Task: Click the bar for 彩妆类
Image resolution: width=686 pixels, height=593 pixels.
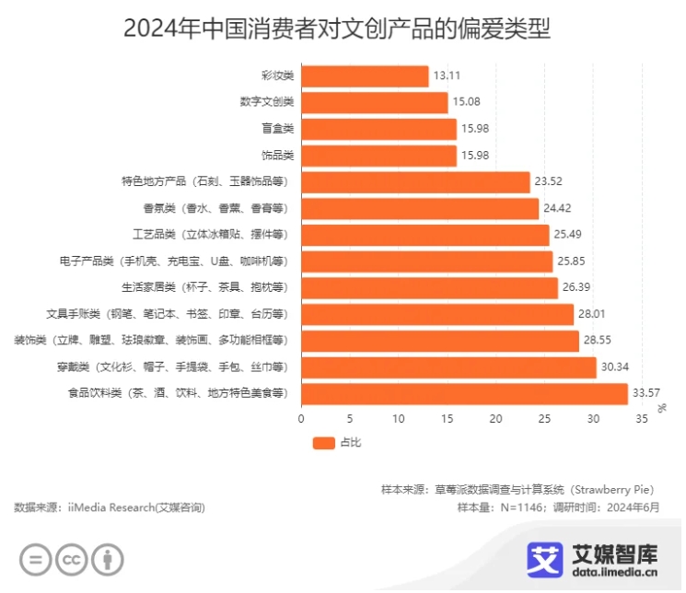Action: pos(365,76)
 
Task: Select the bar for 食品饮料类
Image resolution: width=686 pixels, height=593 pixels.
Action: pos(464,394)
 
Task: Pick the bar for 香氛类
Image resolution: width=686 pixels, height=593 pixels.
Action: pos(420,209)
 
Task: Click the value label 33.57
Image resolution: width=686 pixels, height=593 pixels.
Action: pos(646,394)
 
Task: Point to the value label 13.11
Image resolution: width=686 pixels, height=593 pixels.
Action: pos(448,76)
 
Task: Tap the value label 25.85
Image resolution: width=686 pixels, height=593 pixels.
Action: pos(572,262)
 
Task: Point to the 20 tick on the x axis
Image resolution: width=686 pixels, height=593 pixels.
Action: pos(496,420)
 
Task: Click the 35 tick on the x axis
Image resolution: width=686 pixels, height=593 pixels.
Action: pos(642,420)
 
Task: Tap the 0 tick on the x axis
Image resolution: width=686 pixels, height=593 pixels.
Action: pos(301,420)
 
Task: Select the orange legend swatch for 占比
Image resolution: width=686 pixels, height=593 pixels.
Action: pos(324,444)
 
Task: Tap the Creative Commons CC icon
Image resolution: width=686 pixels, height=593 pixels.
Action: pos(72,559)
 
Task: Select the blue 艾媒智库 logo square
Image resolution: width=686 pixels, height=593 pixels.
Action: pos(545,559)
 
